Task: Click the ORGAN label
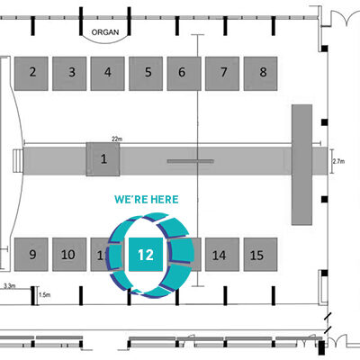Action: (105, 32)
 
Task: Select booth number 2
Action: (31, 74)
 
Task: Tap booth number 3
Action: (69, 74)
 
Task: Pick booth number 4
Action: (108, 74)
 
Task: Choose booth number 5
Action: (146, 74)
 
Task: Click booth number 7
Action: (222, 74)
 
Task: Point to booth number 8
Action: (260, 74)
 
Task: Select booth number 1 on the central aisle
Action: (103, 159)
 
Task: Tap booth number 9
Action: (31, 255)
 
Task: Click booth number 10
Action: (69, 255)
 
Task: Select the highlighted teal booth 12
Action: (146, 255)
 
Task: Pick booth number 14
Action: (222, 255)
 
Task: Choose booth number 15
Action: (260, 255)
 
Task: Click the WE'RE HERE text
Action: (147, 200)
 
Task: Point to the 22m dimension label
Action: (117, 139)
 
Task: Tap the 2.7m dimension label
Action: (338, 161)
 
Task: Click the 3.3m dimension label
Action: (9, 286)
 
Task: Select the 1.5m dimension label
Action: (45, 295)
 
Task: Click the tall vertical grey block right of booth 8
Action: (301, 165)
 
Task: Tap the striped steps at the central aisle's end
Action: (18, 161)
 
